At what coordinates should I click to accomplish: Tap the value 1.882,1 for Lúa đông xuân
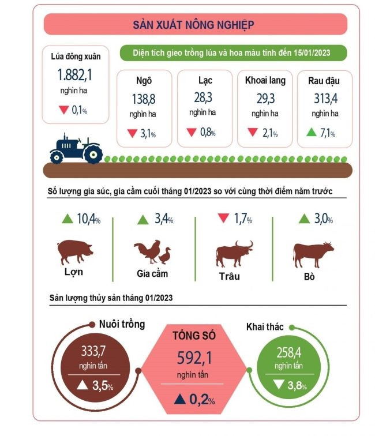coord(75,75)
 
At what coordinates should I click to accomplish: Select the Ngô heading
coord(144,80)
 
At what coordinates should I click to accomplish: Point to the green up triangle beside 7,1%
coord(311,133)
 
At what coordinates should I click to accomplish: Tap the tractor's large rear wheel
coord(92,154)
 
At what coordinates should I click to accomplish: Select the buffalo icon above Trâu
coord(234,253)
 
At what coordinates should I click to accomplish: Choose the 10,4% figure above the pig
coord(88,220)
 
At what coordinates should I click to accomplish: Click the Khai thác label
coord(265,327)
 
